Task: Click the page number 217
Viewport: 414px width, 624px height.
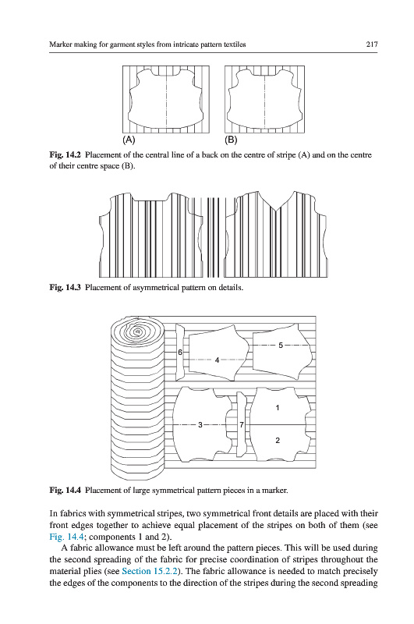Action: point(371,44)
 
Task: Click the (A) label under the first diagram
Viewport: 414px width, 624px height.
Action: point(129,140)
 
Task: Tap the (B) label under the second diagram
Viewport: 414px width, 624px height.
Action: point(231,140)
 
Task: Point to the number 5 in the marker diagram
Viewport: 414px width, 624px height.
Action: point(281,345)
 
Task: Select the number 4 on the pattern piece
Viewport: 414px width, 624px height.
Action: point(217,360)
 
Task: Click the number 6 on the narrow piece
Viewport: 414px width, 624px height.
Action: point(180,353)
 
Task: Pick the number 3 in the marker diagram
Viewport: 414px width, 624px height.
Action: point(200,424)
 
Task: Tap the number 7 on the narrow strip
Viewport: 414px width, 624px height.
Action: point(242,425)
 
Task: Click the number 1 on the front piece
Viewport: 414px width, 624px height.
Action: point(278,407)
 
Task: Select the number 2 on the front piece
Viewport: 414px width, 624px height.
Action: point(278,440)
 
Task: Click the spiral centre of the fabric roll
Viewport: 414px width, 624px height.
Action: point(137,331)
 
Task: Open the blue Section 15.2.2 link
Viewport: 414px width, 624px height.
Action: point(149,571)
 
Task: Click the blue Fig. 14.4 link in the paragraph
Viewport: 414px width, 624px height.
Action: point(66,537)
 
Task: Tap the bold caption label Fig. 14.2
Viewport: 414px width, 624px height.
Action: point(65,154)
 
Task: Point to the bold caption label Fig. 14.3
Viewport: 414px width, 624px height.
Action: point(65,287)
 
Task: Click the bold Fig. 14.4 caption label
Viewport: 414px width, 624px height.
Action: point(65,490)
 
